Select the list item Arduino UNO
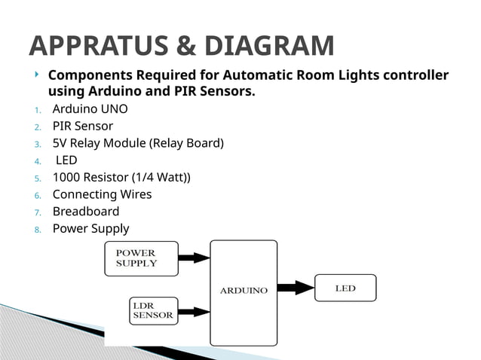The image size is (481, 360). pyautogui.click(x=90, y=108)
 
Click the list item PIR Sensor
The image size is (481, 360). pyautogui.click(x=82, y=126)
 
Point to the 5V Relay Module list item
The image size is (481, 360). pyautogui.click(x=137, y=143)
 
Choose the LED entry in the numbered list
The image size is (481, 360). pyautogui.click(x=66, y=160)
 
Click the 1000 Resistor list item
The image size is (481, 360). pyautogui.click(x=121, y=177)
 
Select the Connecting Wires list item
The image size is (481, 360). pyautogui.click(x=102, y=194)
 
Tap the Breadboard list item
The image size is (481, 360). pyautogui.click(x=85, y=212)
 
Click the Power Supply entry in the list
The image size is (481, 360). pyautogui.click(x=90, y=228)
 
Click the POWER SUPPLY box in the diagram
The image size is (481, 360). pyautogui.click(x=141, y=258)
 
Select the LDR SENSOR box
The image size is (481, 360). pyautogui.click(x=152, y=311)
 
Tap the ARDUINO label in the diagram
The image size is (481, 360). pyautogui.click(x=243, y=291)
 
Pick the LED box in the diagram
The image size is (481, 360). pyautogui.click(x=345, y=288)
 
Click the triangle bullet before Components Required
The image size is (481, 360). pyautogui.click(x=37, y=75)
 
